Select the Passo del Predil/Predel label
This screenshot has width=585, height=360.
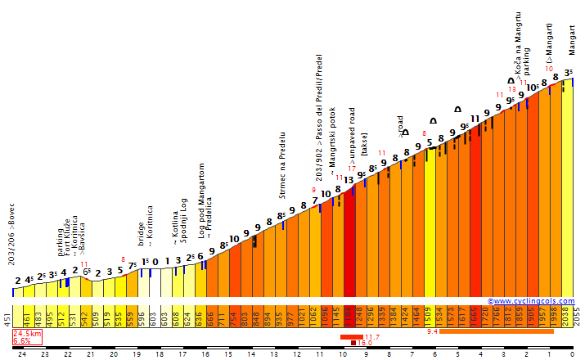pos(319,119)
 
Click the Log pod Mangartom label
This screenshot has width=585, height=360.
pos(201,200)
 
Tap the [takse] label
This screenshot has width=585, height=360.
pos(365,147)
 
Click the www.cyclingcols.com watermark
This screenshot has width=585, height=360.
pos(533,301)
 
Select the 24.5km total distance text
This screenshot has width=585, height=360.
pos(27,334)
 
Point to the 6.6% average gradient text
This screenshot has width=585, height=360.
pos(21,341)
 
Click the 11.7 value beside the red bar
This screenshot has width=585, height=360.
pos(372,336)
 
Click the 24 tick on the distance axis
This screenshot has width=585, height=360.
pos(22,354)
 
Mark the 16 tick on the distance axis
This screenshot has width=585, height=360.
pos(205,354)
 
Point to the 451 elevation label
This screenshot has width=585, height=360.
pos(7,317)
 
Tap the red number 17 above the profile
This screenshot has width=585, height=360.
pos(351,169)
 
